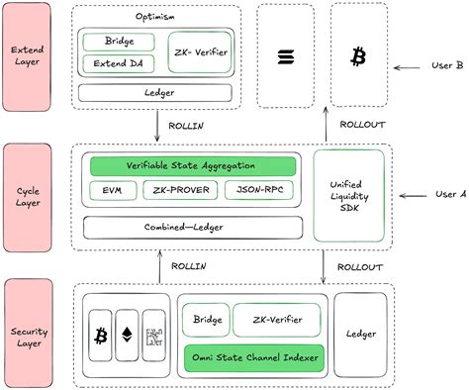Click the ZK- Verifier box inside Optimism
[x=201, y=53]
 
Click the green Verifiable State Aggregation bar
[x=193, y=166]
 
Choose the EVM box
[x=109, y=189]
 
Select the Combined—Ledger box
[x=193, y=227]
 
